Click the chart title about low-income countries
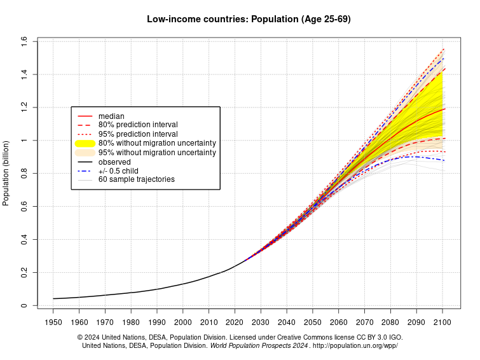(249, 19)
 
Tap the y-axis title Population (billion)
(6, 172)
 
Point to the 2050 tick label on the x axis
(313, 322)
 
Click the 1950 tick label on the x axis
(53, 322)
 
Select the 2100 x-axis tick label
(442, 322)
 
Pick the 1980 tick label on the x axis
(131, 322)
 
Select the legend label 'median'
(111, 116)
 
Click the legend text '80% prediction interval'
(138, 125)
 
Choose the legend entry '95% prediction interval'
(138, 134)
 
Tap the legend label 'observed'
(114, 162)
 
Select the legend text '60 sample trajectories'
(136, 179)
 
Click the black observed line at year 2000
(183, 283)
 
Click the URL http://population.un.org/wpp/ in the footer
(355, 346)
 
